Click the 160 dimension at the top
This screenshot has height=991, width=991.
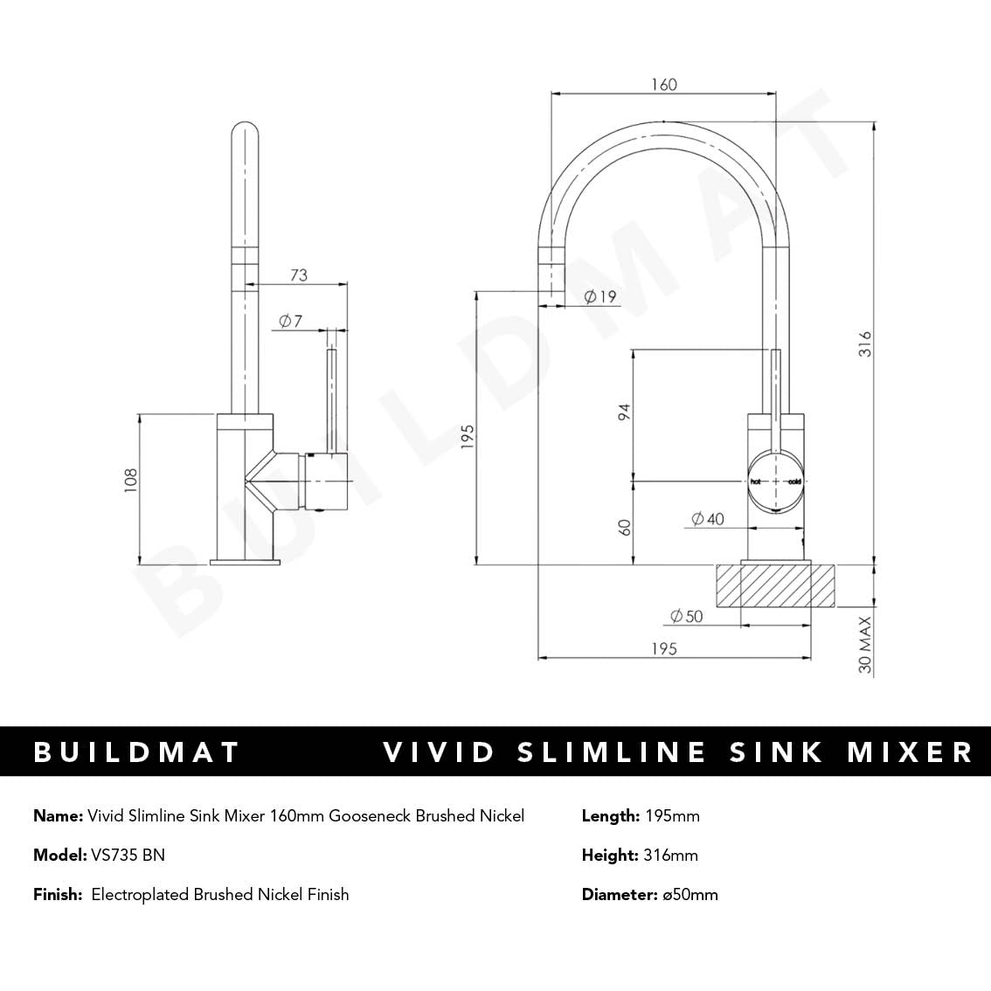[x=664, y=85]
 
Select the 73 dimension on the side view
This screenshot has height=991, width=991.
[x=299, y=275]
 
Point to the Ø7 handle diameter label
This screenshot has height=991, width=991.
[x=290, y=321]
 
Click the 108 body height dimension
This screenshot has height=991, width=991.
[x=131, y=481]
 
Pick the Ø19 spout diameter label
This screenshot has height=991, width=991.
[x=599, y=296]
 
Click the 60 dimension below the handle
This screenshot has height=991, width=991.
[x=624, y=528]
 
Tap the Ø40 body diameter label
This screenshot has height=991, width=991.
[x=708, y=519]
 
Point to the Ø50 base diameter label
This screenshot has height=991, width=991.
[x=686, y=616]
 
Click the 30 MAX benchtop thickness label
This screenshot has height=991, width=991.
[x=865, y=645]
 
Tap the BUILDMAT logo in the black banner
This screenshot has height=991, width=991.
[x=136, y=752]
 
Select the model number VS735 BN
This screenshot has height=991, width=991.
[x=128, y=855]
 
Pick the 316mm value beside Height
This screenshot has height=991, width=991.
[x=670, y=855]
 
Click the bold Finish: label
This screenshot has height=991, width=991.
[x=58, y=894]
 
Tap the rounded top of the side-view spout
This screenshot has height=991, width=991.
[x=245, y=131]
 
